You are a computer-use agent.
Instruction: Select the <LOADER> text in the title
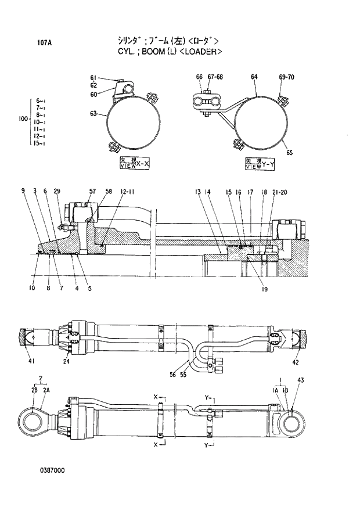coord(200,51)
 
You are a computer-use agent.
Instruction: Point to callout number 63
coord(93,114)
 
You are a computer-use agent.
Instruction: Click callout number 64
coord(254,77)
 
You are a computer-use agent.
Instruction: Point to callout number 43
coord(300,380)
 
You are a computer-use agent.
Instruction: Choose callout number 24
coord(67,361)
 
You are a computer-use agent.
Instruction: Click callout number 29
coord(57,191)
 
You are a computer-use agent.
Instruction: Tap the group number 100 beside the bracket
coord(23,118)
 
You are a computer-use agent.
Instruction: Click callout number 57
coord(92,191)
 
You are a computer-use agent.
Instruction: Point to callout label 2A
coord(46,390)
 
